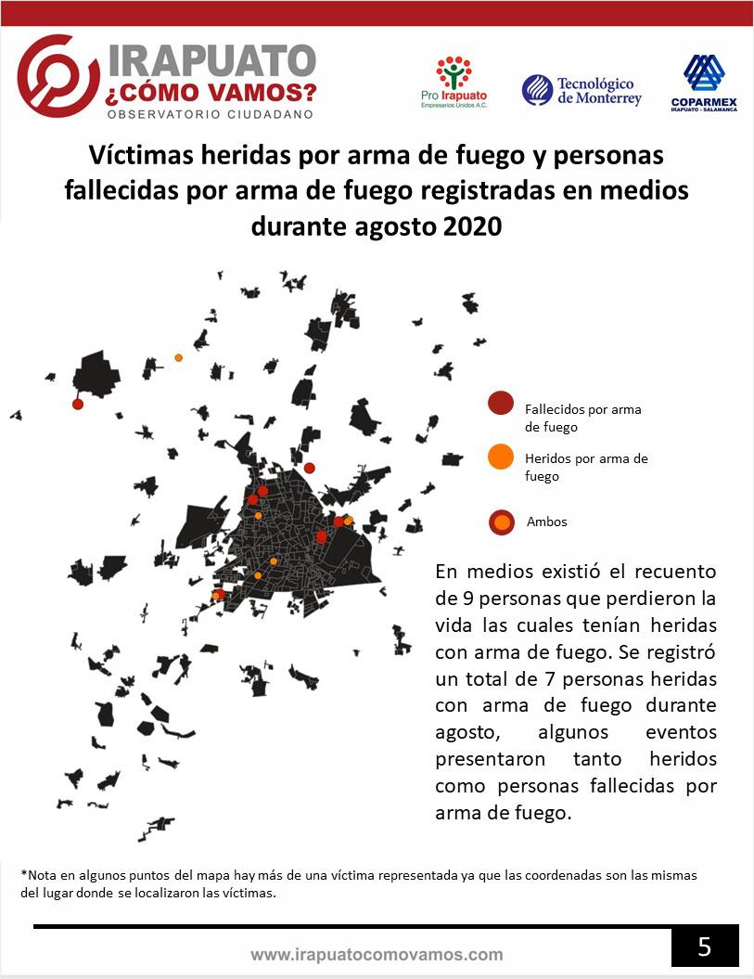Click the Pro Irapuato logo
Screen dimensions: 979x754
[x=454, y=82]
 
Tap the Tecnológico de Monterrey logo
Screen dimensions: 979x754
[x=581, y=90]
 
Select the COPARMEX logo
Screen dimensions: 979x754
[x=704, y=83]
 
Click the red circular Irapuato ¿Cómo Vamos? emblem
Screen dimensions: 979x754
[x=58, y=76]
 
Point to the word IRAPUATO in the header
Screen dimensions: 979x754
[x=212, y=60]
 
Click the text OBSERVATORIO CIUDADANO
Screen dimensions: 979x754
[x=211, y=114]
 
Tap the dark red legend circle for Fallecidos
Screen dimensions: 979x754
[x=501, y=404]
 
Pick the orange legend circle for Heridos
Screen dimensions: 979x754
[x=501, y=457]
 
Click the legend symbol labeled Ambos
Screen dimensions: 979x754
[x=502, y=522]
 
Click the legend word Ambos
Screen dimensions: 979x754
[x=546, y=522]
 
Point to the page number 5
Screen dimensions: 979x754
[x=705, y=947]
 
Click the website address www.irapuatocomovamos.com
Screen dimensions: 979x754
[x=377, y=954]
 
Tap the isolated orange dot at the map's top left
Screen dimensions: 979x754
[x=178, y=357]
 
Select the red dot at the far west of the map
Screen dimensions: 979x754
[x=78, y=404]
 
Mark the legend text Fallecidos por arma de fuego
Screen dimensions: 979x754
[x=582, y=418]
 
